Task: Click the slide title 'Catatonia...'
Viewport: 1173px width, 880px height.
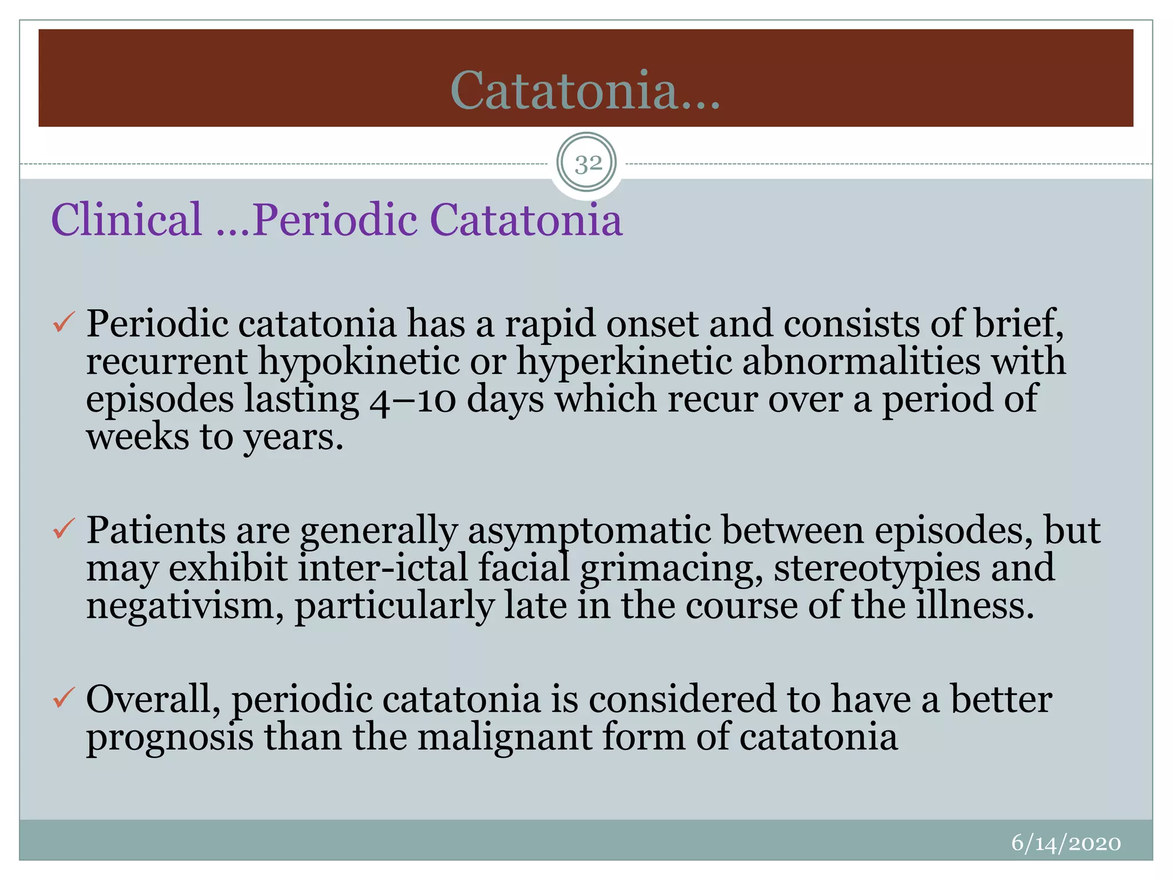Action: (x=585, y=91)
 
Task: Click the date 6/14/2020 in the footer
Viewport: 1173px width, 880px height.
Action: (x=1066, y=843)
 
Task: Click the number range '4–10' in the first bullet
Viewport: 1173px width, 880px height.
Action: (x=412, y=400)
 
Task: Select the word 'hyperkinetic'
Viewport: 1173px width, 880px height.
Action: (x=624, y=362)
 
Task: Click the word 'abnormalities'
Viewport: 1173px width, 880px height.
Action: (x=861, y=362)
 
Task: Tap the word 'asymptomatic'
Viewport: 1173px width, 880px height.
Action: (x=589, y=531)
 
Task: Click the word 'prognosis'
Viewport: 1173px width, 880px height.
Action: (x=170, y=737)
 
